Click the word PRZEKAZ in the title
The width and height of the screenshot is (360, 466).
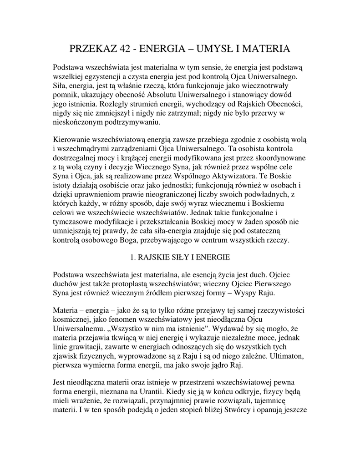pyautogui.click(x=95, y=48)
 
